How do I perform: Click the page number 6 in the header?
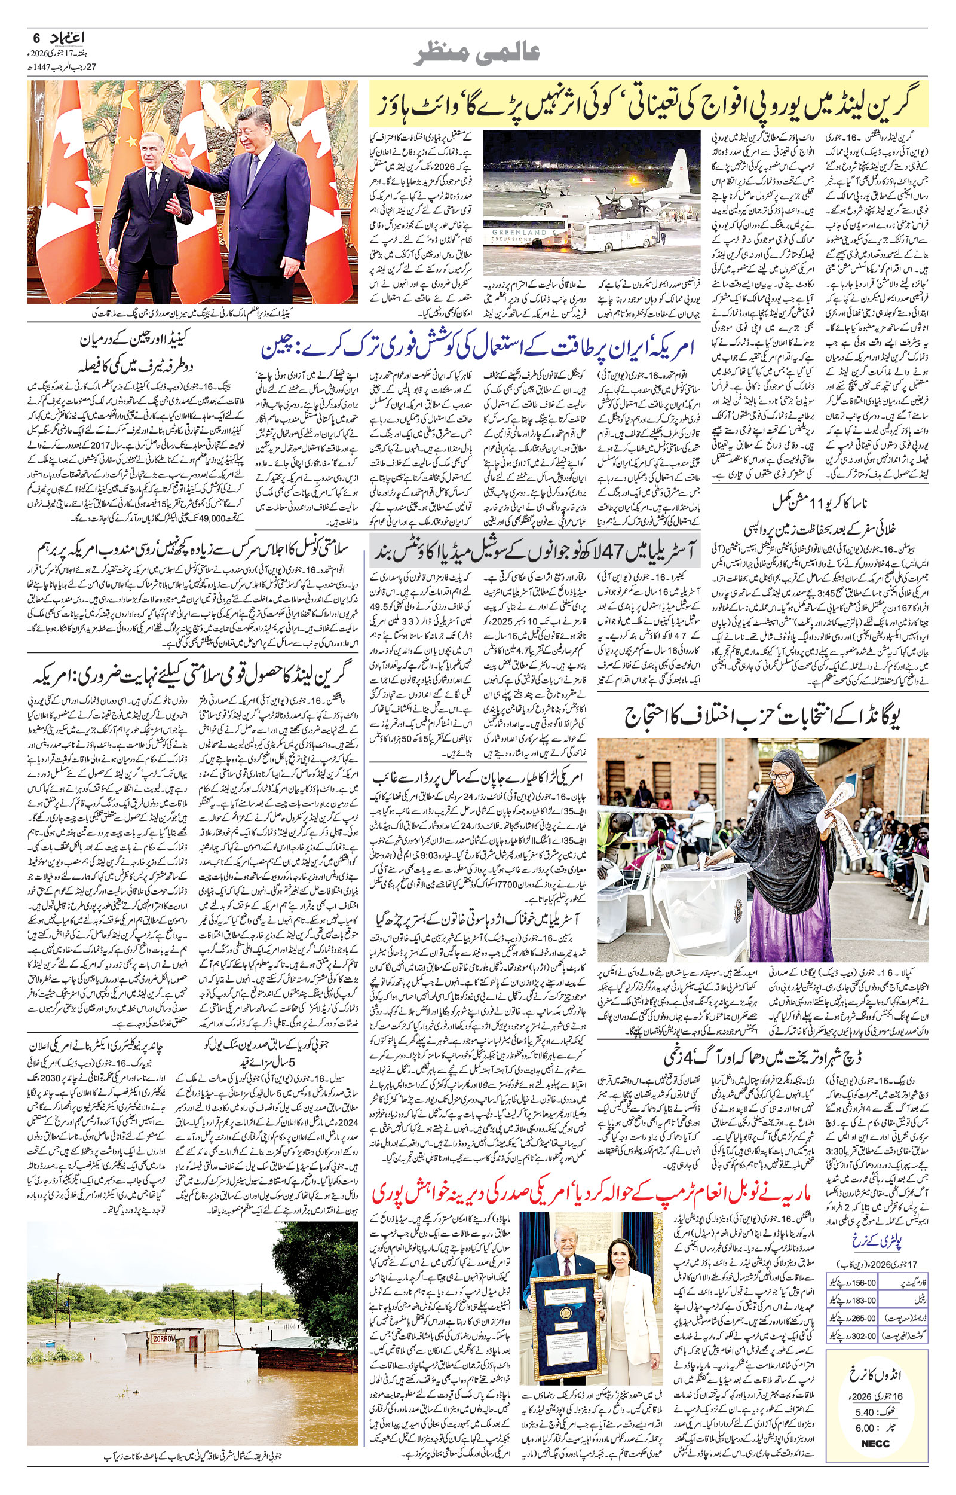pos(35,38)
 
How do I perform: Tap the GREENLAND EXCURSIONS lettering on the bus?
pos(520,236)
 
